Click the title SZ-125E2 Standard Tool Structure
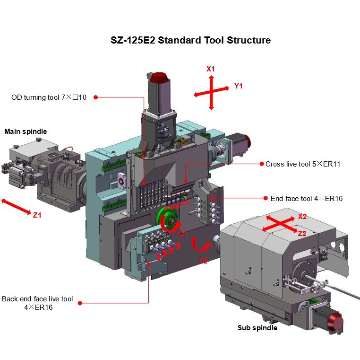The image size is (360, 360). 190,40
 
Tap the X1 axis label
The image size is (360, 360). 211,69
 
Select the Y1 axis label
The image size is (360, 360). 239,86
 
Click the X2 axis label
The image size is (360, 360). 302,217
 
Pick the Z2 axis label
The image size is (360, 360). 302,233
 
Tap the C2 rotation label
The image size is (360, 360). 204,260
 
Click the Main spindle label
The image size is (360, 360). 26,131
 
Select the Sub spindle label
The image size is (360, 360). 257,327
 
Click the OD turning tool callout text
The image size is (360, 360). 49,97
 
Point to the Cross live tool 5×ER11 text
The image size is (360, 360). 303,164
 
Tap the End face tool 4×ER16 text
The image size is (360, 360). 307,199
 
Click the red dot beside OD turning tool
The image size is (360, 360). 95,97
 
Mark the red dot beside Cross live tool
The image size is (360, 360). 261,164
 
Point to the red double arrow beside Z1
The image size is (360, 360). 17,207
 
